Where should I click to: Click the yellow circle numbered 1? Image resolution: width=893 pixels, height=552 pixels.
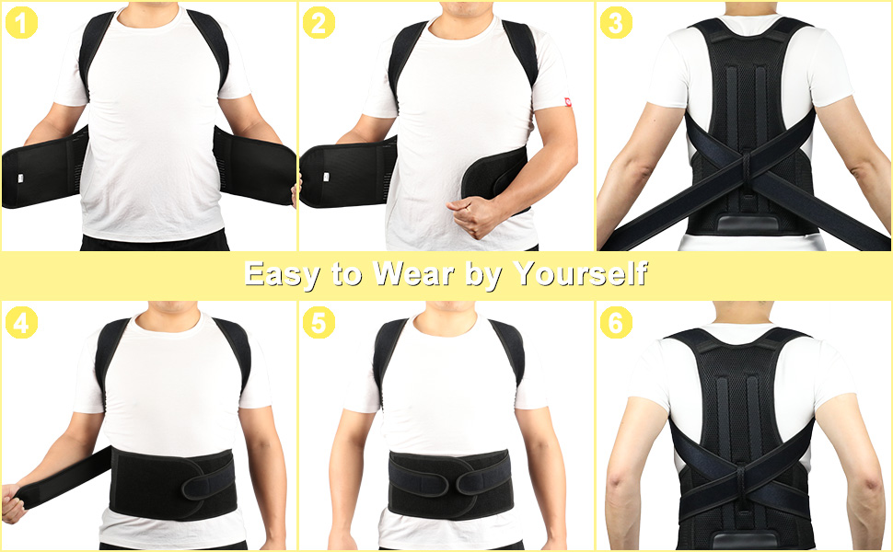(x=21, y=22)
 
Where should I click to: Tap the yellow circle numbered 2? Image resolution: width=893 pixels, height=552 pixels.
(x=319, y=22)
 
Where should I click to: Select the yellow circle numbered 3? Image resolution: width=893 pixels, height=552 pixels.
(x=616, y=22)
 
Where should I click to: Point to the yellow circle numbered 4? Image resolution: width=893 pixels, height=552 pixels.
(x=21, y=323)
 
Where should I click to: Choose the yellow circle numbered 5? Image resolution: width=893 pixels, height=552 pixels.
(x=319, y=323)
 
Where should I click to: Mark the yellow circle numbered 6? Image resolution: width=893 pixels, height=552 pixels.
(x=616, y=323)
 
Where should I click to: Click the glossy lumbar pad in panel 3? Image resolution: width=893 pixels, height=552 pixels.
(x=742, y=227)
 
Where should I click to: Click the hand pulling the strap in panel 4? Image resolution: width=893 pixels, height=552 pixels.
(x=13, y=505)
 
